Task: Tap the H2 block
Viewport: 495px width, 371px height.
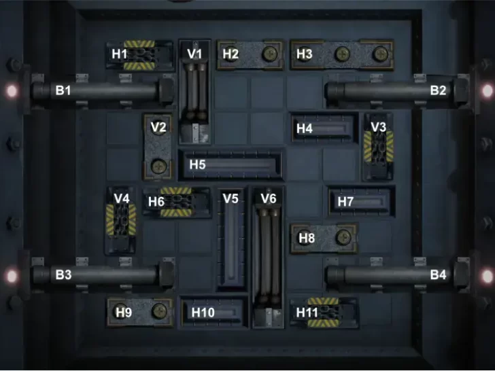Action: [x=250, y=54]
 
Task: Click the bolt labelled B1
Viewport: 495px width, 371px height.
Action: [x=102, y=90]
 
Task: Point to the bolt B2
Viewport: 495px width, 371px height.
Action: [x=394, y=90]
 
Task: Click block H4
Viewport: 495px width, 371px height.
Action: [x=324, y=128]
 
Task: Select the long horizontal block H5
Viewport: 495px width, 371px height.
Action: [x=231, y=164]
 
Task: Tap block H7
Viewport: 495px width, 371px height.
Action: [x=360, y=201]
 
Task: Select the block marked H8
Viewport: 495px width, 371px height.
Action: [x=324, y=238]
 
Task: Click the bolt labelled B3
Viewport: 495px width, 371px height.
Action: [x=102, y=275]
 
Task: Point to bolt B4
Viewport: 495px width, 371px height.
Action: [x=394, y=275]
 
